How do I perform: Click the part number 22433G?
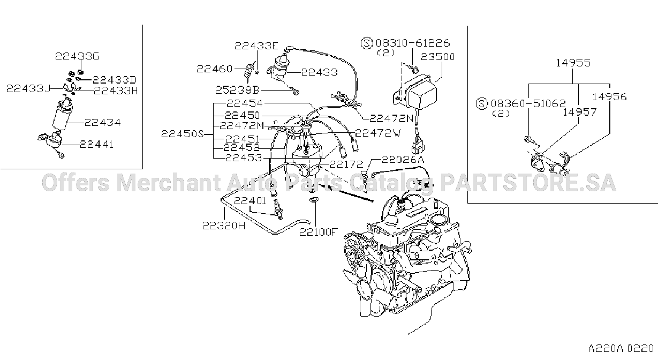pos(77,56)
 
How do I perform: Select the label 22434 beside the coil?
pos(102,122)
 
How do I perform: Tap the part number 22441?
pos(97,144)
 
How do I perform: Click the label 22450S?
pos(183,134)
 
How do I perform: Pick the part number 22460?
pos(215,69)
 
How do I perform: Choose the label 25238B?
pos(237,90)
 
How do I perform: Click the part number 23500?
pos(438,56)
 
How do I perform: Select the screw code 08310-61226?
pos(413,43)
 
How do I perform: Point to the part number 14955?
pos(573,63)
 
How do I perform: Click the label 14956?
pos(609,96)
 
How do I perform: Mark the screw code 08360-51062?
pos(528,103)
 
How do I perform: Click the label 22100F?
pos(317,232)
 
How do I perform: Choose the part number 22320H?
pos(224,226)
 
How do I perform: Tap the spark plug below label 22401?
pos(278,209)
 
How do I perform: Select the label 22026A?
pos(403,160)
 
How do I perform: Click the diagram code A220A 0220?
pos(621,349)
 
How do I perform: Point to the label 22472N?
pos(391,118)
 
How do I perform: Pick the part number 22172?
pos(346,164)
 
